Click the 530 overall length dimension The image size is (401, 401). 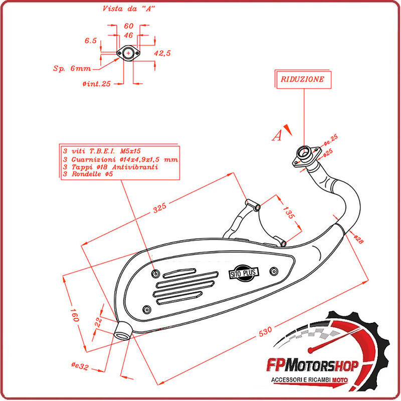pos(266,331)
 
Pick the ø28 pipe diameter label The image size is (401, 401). pos(358,239)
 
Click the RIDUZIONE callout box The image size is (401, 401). pos(302,79)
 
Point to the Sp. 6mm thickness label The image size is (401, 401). pos(72,68)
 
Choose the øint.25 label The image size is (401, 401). pos(96,84)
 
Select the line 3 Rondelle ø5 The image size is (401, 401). pos(88,173)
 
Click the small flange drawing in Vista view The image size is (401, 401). pos(128,53)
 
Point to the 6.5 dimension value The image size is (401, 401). pos(91,41)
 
